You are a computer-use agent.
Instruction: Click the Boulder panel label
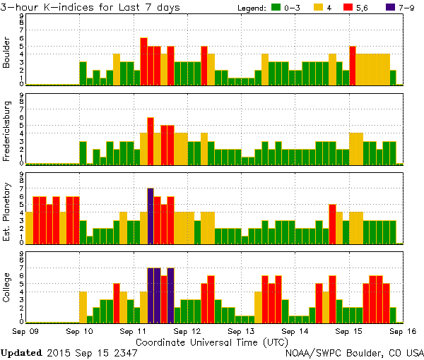click(8, 54)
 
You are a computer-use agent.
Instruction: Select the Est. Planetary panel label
click(8, 211)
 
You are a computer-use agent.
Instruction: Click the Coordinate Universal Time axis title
click(211, 341)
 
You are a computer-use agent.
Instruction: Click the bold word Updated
click(24, 352)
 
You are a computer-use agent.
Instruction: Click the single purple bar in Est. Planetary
click(151, 215)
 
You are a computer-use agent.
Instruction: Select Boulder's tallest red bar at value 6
click(143, 61)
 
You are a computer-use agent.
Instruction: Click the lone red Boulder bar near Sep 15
click(352, 66)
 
